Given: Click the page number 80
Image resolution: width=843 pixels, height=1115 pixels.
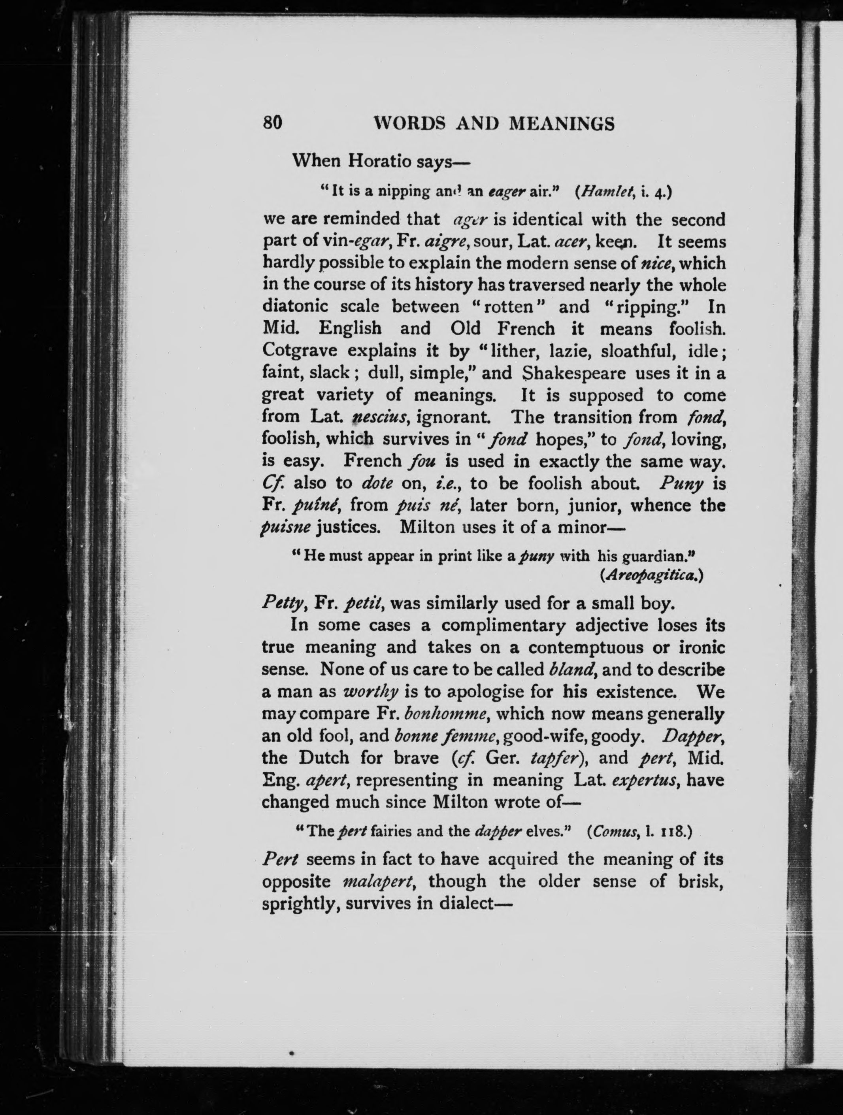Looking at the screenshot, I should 272,123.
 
